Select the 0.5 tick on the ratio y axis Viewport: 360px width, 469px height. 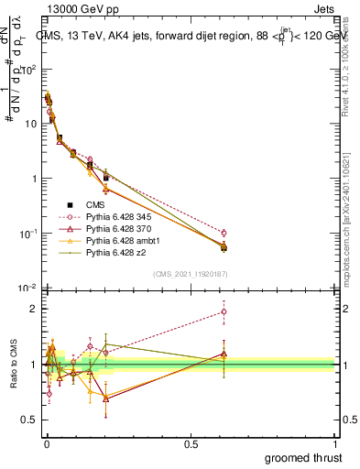pyautogui.click(x=29, y=420)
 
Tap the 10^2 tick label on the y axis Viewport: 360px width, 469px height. pyautogui.click(x=27, y=70)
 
